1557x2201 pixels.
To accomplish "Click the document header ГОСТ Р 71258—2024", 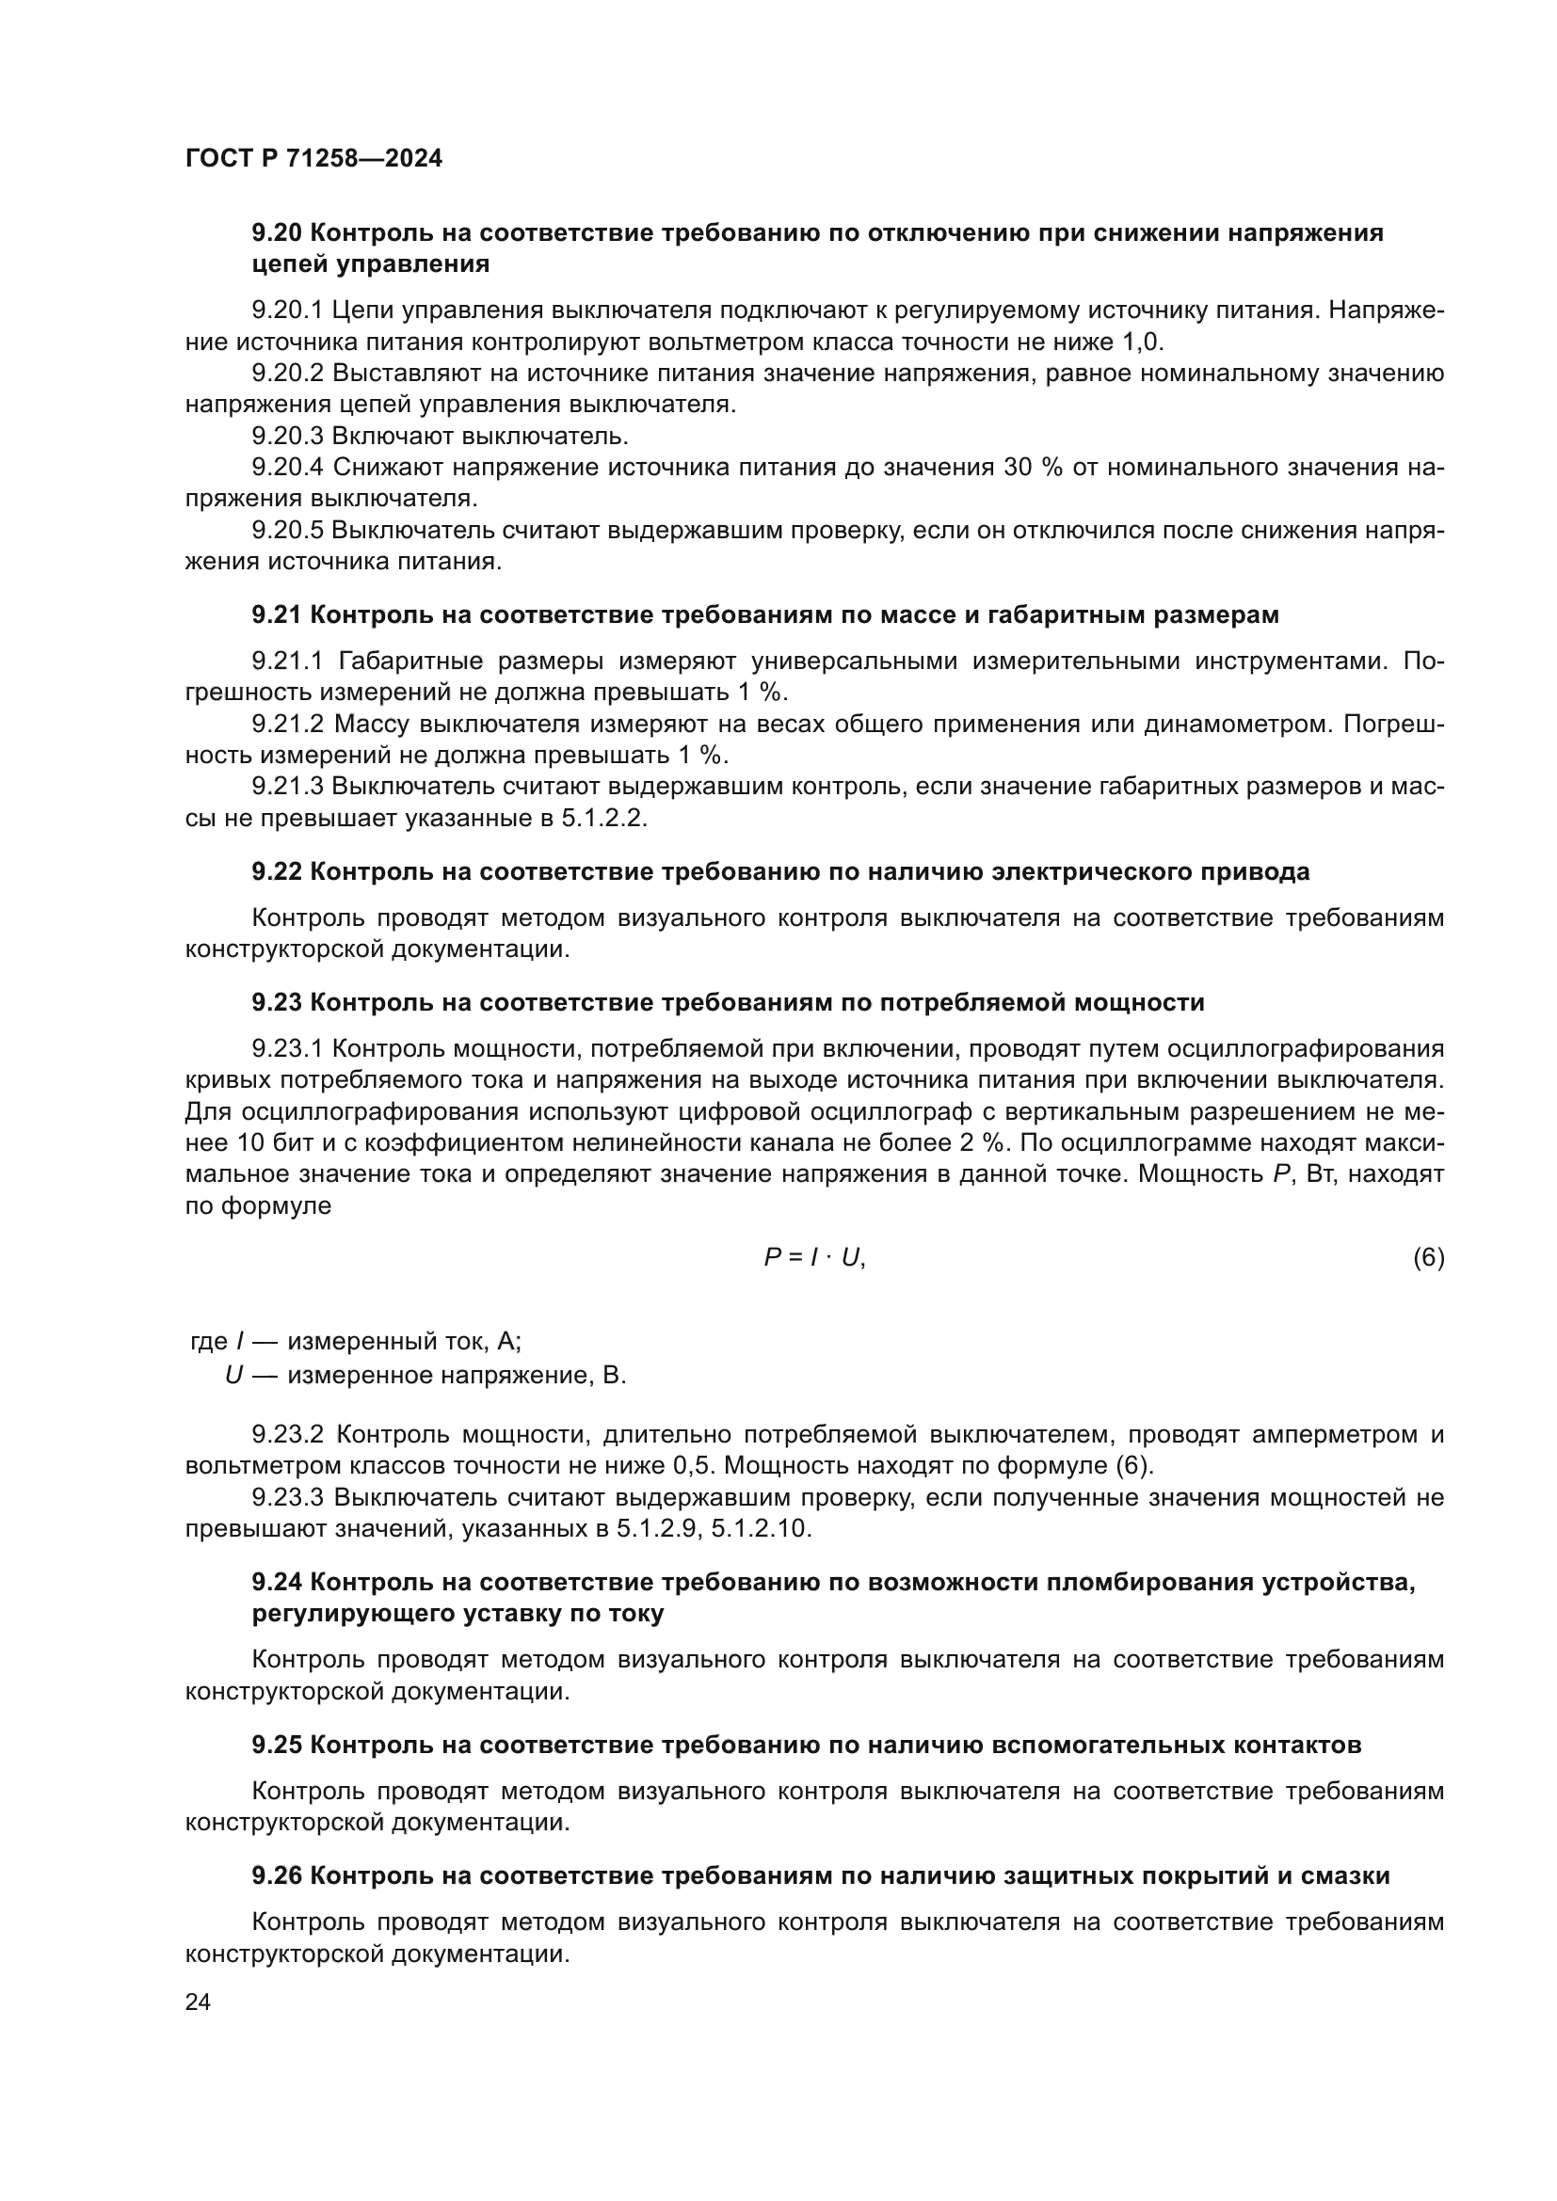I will pyautogui.click(x=313, y=159).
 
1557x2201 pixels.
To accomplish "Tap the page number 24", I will pyautogui.click(x=198, y=2002).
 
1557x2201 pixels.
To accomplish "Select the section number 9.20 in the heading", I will pyautogui.click(x=277, y=233).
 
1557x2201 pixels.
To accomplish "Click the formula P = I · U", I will pyautogui.click(x=814, y=1258).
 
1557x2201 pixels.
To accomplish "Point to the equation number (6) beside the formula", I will pyautogui.click(x=1428, y=1258).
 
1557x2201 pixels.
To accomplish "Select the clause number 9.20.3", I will pyautogui.click(x=288, y=437).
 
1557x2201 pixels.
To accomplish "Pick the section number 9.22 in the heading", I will pyautogui.click(x=277, y=871).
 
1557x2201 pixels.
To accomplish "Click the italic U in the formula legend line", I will pyautogui.click(x=233, y=1376).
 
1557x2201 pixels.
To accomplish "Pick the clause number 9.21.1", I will pyautogui.click(x=288, y=662).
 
